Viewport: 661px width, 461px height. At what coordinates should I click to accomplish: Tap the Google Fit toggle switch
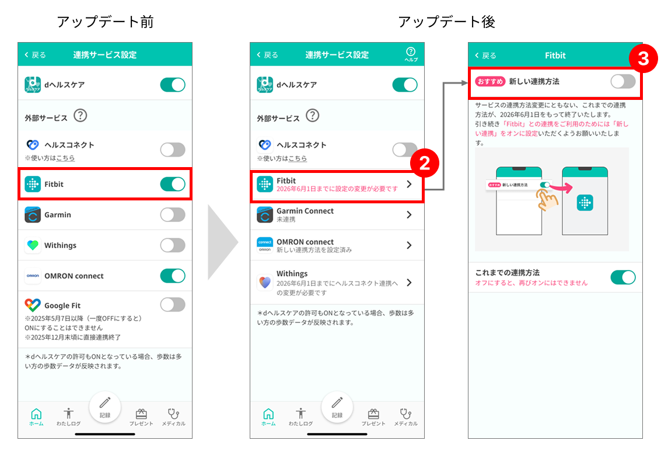coord(173,304)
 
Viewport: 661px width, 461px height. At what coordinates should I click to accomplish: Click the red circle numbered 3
coord(643,58)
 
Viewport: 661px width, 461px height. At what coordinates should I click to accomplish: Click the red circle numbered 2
coord(425,163)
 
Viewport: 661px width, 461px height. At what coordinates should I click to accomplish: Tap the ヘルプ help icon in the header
coord(411,54)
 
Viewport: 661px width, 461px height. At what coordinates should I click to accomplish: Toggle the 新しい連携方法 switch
coord(623,81)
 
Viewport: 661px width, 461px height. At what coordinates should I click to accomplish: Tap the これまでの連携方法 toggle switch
coord(623,278)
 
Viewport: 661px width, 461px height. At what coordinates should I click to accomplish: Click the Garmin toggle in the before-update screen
coord(173,215)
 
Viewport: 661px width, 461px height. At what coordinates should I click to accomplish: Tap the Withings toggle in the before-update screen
coord(173,245)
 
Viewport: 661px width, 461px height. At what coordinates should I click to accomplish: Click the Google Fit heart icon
coord(33,305)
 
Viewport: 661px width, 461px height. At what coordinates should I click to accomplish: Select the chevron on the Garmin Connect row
coord(409,215)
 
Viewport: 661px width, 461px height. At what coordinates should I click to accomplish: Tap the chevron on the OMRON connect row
coord(409,245)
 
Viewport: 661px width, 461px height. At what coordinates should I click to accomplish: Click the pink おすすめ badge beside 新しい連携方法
coord(490,81)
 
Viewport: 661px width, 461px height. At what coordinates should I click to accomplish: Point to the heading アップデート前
coord(106,22)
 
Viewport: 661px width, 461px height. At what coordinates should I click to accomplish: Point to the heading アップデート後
coord(446,22)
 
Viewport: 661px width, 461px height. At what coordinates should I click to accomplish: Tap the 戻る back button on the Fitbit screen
coord(485,56)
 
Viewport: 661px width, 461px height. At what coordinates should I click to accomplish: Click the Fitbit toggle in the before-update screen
coord(173,184)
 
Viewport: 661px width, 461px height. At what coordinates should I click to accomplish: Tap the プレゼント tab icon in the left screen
coord(141,414)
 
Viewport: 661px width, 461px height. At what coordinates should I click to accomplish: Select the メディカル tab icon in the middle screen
coord(405,413)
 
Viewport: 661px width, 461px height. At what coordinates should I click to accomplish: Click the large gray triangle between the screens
coord(223,242)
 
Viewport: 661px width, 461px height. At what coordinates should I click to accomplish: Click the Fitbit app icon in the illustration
coord(585,203)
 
